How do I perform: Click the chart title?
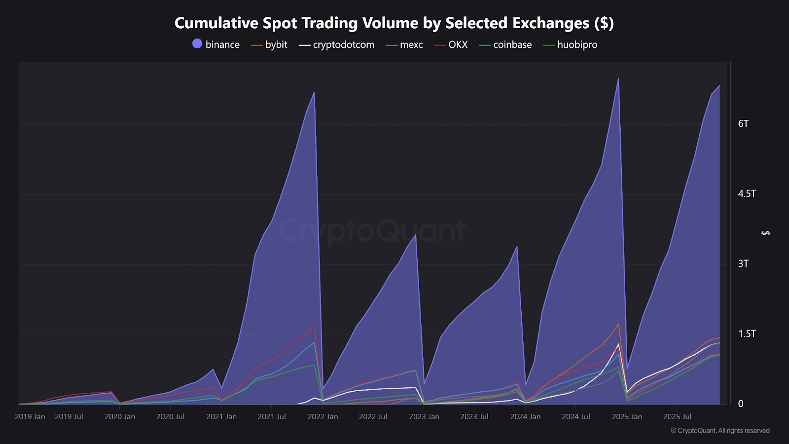(x=394, y=23)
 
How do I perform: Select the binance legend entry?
(x=216, y=44)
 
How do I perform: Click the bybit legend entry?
(x=270, y=44)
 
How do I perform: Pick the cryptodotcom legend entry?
(x=337, y=44)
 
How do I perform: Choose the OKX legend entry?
(x=451, y=44)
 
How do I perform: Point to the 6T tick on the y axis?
(x=743, y=123)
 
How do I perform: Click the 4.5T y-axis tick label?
(x=747, y=193)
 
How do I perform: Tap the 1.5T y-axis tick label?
(x=747, y=333)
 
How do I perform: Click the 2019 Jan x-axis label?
(x=30, y=416)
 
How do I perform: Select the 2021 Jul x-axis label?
(x=272, y=416)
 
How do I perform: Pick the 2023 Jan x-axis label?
(x=424, y=416)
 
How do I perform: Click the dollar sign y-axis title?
(x=766, y=233)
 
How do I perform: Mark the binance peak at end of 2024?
(x=618, y=78)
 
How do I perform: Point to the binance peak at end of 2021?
(x=314, y=92)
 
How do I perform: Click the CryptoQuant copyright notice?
(x=720, y=431)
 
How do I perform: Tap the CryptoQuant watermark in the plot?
(x=372, y=230)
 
